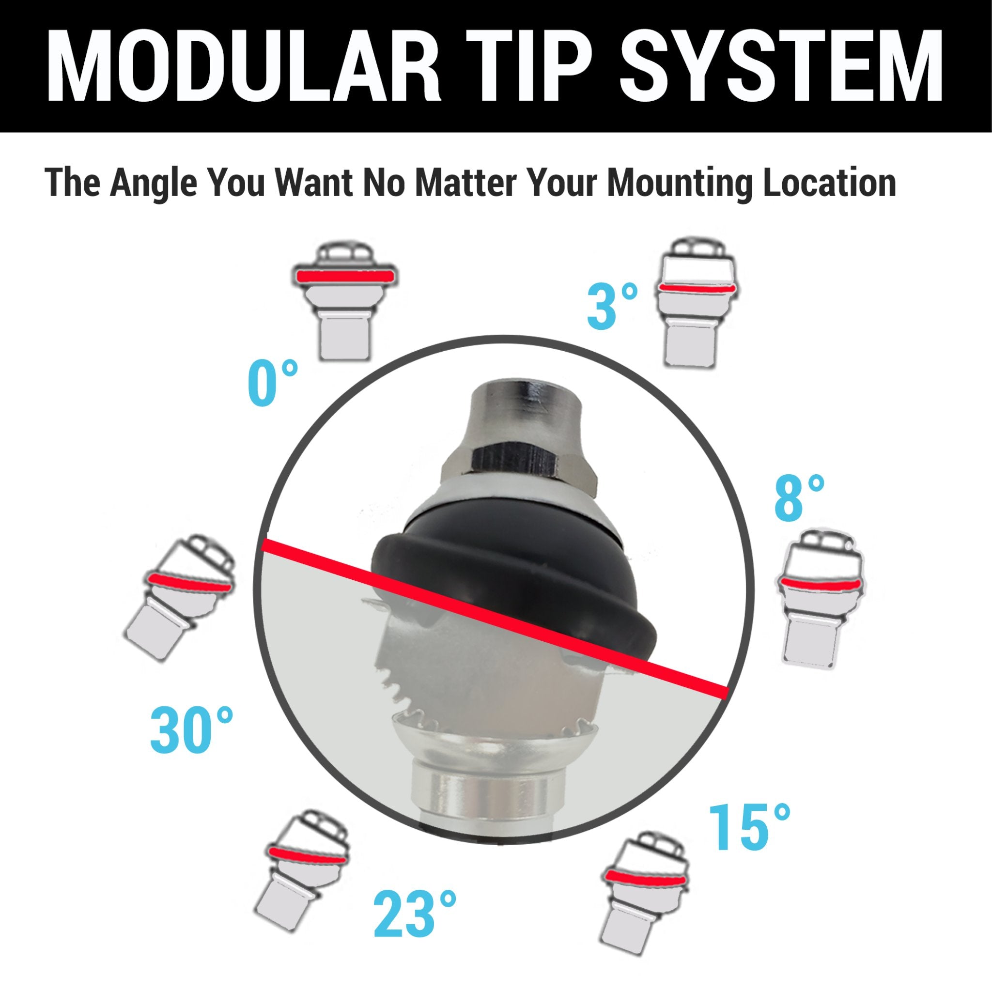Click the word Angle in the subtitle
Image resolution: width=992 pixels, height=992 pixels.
click(153, 184)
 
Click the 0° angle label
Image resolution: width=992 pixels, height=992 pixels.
click(273, 383)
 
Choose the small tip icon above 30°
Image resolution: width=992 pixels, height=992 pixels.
click(180, 597)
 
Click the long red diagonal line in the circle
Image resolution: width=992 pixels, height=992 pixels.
click(495, 619)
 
